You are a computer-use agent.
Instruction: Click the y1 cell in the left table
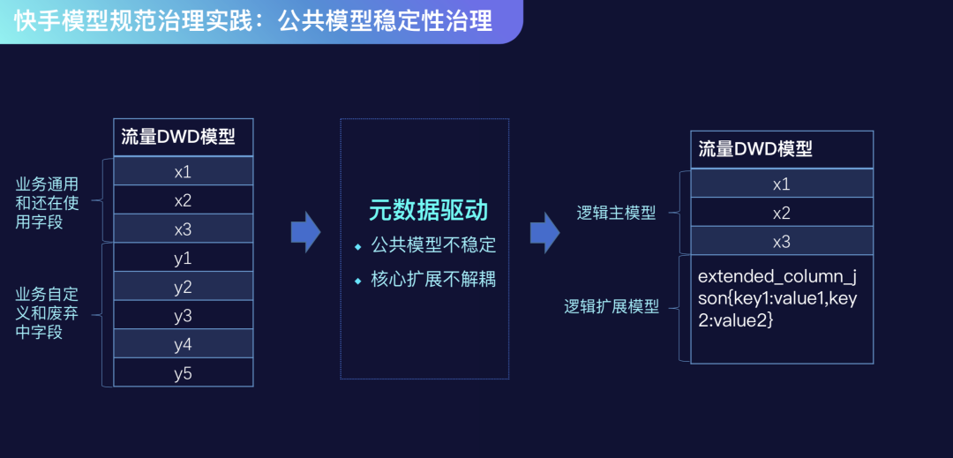[183, 258]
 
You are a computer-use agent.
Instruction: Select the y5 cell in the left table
[183, 373]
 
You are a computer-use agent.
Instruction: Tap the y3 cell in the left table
[183, 316]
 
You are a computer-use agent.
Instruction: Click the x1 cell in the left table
[183, 171]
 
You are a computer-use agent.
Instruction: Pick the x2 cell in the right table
[781, 213]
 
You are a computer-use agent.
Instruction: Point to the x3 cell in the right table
[781, 242]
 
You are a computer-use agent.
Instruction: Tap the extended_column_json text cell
[777, 298]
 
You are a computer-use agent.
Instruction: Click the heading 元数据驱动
[428, 210]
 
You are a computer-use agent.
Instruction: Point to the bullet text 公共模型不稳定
[433, 244]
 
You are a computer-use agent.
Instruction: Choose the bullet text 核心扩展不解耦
[433, 279]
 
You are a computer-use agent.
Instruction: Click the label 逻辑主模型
[617, 213]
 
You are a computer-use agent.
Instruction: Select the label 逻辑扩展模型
[612, 307]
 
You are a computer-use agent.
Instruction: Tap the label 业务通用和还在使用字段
[47, 203]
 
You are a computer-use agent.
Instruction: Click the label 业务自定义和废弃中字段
[47, 312]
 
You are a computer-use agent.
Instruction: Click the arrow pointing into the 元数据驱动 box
[305, 231]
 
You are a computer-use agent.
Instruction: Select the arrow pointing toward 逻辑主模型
[544, 231]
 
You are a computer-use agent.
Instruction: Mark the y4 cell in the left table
[183, 344]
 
